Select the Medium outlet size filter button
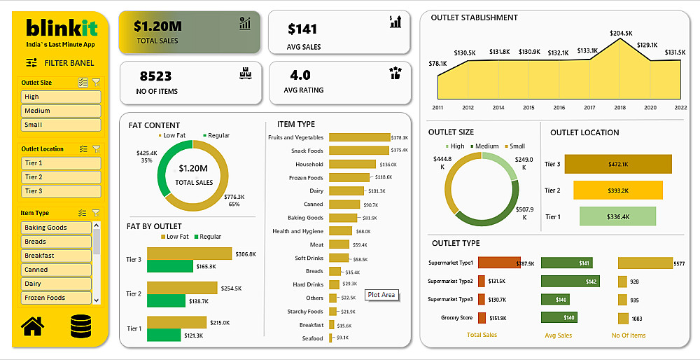pos(61,111)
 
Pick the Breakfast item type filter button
pos(56,256)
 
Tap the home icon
pos(32,326)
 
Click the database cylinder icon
pos(82,326)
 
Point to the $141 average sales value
pos(302,29)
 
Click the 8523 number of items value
pos(155,76)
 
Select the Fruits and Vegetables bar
pos(358,137)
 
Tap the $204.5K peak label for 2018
pos(621,33)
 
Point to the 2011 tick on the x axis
pos(437,108)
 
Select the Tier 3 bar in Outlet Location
pos(617,164)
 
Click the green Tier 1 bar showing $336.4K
pos(617,217)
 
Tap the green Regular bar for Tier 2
pos(171,300)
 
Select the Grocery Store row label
pos(458,318)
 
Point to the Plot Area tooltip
pos(381,295)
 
